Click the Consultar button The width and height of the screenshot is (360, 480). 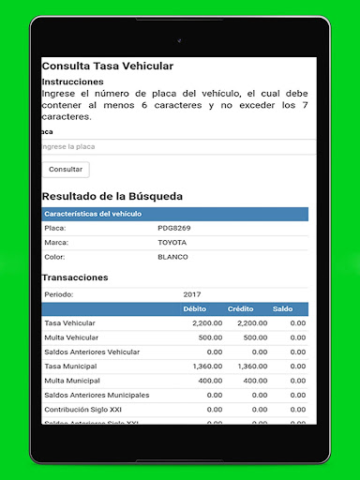pos(66,170)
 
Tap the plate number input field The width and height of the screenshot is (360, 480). pos(174,147)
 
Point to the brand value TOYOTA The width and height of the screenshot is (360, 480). pos(172,243)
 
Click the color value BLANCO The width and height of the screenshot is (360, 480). pos(172,257)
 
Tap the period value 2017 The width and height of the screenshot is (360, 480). pos(192,294)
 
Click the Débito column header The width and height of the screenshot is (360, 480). pos(195,308)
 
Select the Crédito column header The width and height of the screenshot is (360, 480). pos(241,308)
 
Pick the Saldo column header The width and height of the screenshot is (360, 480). pos(282,308)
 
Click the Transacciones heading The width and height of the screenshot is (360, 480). pos(75,277)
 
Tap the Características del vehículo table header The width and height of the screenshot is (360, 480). pos(93,214)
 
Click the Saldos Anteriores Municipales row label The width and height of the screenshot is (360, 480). pos(97,396)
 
